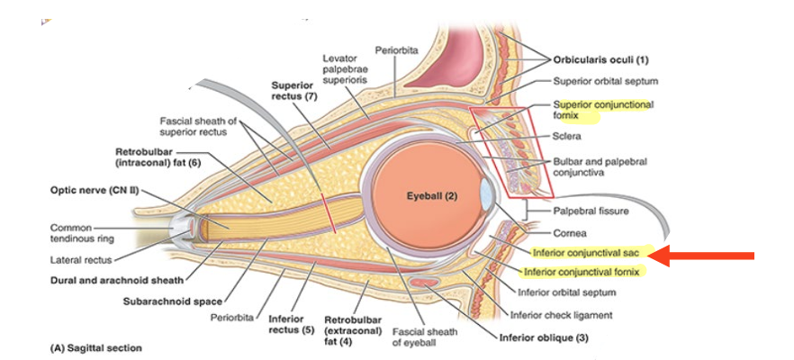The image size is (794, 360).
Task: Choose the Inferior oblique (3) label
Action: pos(546,338)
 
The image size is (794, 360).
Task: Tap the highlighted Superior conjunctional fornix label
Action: pos(601,110)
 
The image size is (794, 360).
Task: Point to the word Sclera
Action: pos(569,137)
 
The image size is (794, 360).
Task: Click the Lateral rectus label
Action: pos(80,259)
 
